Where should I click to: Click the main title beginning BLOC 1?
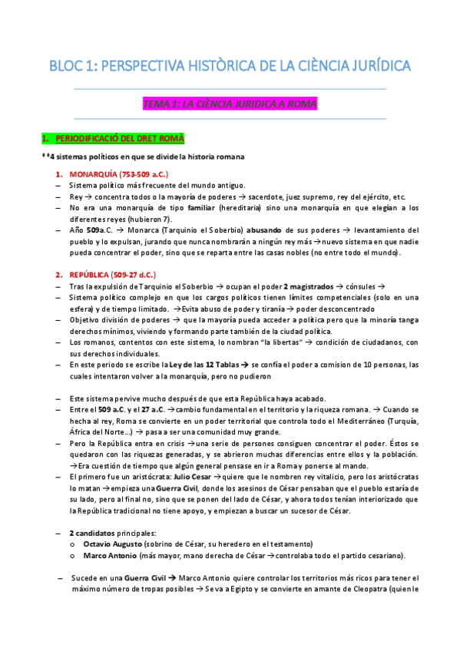(x=230, y=67)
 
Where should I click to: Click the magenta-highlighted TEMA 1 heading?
(x=230, y=103)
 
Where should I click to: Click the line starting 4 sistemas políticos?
(x=146, y=157)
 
